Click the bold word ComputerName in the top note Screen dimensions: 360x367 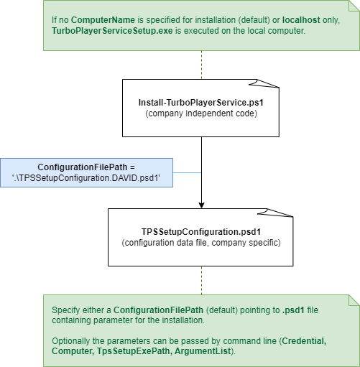pyautogui.click(x=103, y=20)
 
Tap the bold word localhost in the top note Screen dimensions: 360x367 pyautogui.click(x=301, y=20)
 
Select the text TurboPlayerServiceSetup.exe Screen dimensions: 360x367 pyautogui.click(x=112, y=31)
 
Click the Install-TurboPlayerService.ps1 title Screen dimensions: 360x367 pyautogui.click(x=201, y=103)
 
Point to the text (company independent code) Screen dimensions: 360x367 pyautogui.click(x=201, y=113)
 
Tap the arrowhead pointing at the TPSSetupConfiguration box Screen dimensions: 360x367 pyautogui.click(x=201, y=205)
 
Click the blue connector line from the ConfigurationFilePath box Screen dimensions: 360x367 pyautogui.click(x=187, y=172)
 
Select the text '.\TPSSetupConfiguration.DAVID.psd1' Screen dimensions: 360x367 pyautogui.click(x=86, y=178)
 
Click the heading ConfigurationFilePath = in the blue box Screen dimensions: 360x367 pyautogui.click(x=86, y=167)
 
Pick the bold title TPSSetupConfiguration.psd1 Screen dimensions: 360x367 pyautogui.click(x=201, y=232)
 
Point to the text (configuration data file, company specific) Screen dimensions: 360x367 pyautogui.click(x=201, y=243)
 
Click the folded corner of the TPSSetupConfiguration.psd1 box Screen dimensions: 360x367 pyautogui.click(x=279, y=213)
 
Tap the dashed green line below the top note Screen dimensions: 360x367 pyautogui.click(x=201, y=65)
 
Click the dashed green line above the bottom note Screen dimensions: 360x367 pyautogui.click(x=201, y=280)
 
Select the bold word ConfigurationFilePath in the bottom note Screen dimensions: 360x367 pyautogui.click(x=158, y=310)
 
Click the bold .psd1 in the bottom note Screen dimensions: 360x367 pyautogui.click(x=293, y=310)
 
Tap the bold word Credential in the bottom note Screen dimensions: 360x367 pyautogui.click(x=304, y=341)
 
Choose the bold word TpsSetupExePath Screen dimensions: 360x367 pyautogui.click(x=134, y=351)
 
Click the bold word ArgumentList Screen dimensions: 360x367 pyautogui.click(x=203, y=351)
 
